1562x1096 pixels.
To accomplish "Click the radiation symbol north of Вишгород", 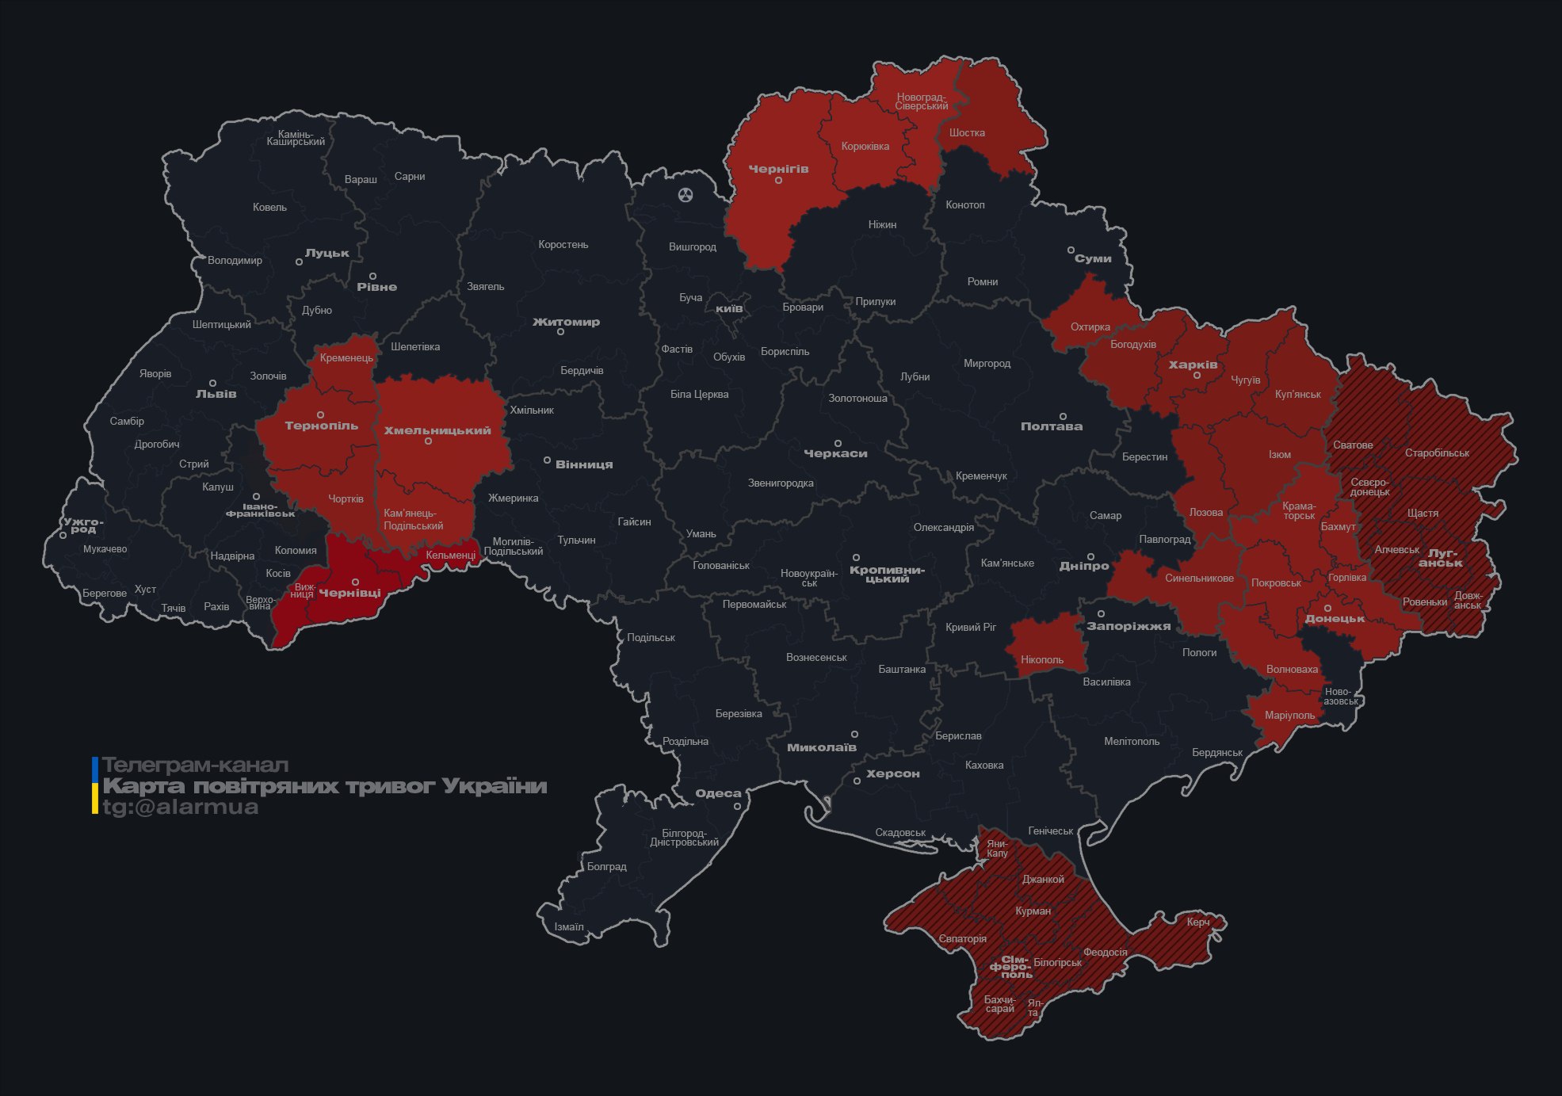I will click(686, 194).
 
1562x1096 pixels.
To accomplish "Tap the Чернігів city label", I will click(778, 169).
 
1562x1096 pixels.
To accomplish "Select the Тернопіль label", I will click(321, 426).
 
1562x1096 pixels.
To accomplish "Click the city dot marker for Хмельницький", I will click(428, 441).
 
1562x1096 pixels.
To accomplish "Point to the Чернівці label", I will click(349, 593).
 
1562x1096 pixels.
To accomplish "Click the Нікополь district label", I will click(1041, 659).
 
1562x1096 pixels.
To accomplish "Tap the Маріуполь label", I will click(1289, 715).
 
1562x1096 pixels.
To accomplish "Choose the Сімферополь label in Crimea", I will click(1010, 967).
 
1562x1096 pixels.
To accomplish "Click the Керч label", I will click(1197, 922).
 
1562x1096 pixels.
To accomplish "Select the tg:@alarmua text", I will click(180, 807).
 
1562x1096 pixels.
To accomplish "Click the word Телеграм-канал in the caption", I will click(195, 766).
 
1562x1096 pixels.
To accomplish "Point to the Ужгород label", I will click(83, 525).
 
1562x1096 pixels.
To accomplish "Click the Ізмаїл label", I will click(568, 926).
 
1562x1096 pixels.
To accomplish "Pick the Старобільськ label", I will click(1436, 453).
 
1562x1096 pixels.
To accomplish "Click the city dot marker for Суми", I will click(1071, 250).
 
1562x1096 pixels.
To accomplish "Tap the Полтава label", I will click(1051, 426).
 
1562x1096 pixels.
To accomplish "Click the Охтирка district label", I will click(1090, 327).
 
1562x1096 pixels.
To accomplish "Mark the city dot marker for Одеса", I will click(737, 806).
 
